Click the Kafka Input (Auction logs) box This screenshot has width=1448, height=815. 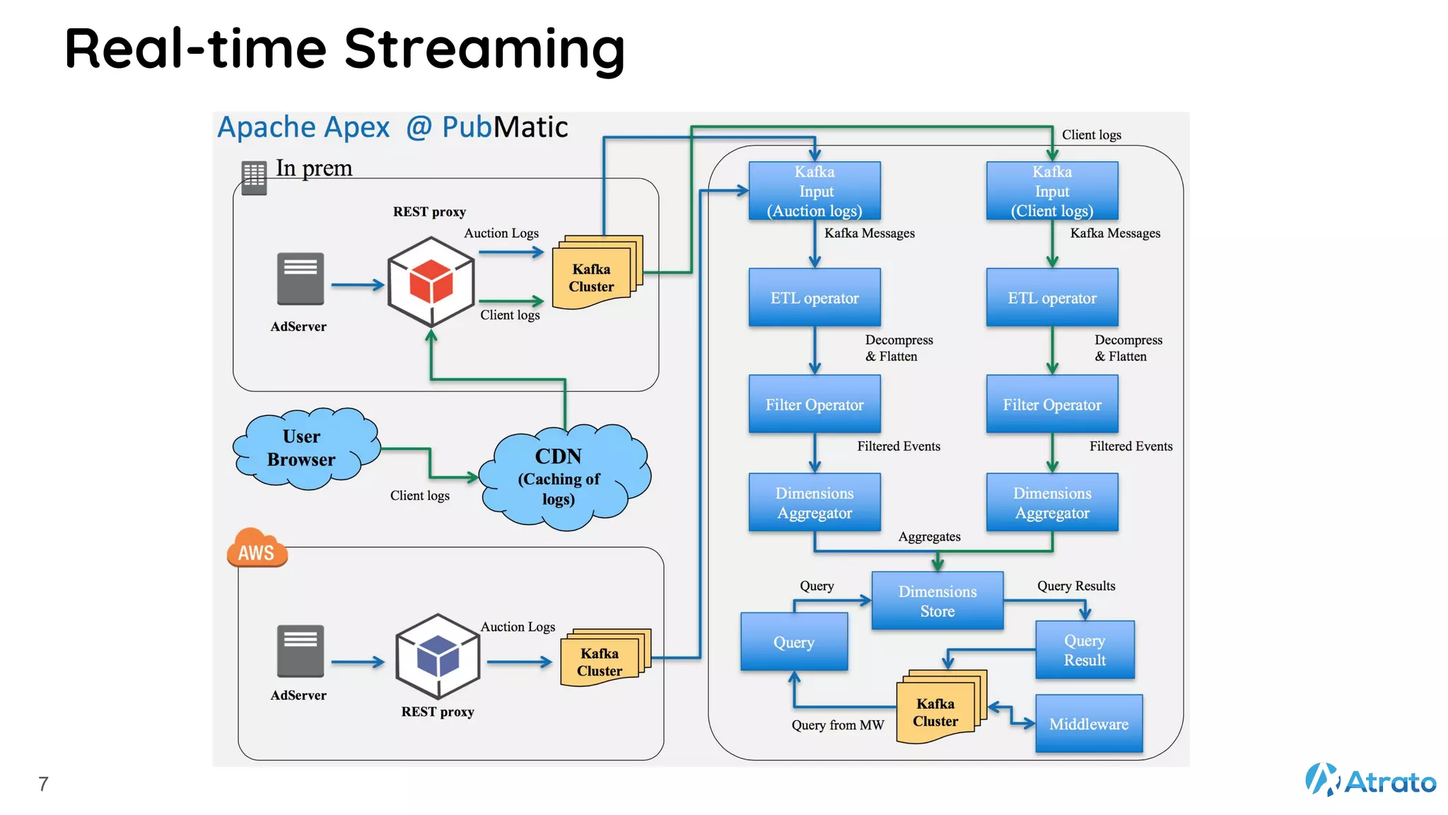(x=814, y=191)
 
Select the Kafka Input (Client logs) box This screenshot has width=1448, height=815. (x=1052, y=191)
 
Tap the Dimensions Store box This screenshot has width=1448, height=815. (x=938, y=601)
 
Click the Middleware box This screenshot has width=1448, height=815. (x=1089, y=724)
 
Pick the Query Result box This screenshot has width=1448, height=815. (x=1085, y=649)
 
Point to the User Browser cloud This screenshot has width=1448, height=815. (x=304, y=449)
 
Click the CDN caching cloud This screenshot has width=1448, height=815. (x=562, y=478)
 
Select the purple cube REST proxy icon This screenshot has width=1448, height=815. (x=438, y=657)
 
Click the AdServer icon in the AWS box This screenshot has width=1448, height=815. (x=300, y=651)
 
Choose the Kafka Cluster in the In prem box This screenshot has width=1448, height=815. (x=594, y=274)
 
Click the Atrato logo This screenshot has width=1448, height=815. (x=1370, y=780)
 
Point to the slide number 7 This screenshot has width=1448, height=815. (x=44, y=784)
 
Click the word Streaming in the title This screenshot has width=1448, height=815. (x=484, y=50)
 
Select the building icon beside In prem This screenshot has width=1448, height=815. (x=254, y=177)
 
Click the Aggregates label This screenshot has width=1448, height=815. (x=929, y=537)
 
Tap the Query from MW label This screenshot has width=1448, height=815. (x=838, y=725)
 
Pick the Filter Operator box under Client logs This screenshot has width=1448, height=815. (x=1052, y=404)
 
